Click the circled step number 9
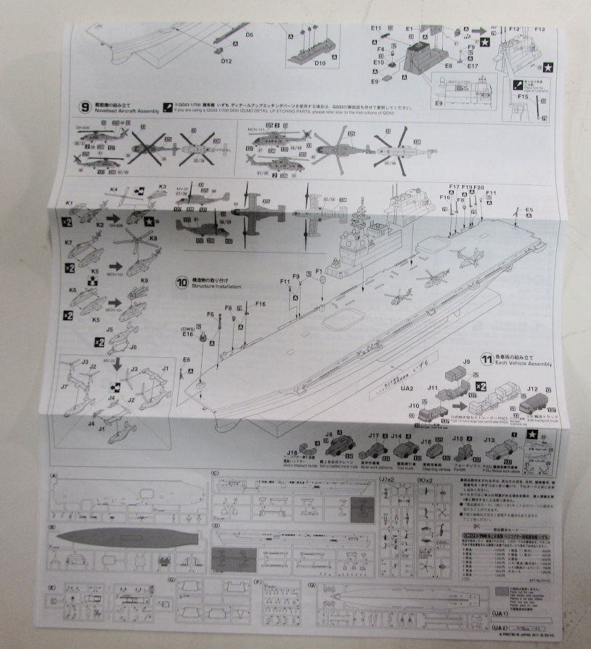[x=88, y=106]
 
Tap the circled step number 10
[x=182, y=280]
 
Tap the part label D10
[x=321, y=63]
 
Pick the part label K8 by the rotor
[x=153, y=239]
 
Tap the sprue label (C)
[x=216, y=474]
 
